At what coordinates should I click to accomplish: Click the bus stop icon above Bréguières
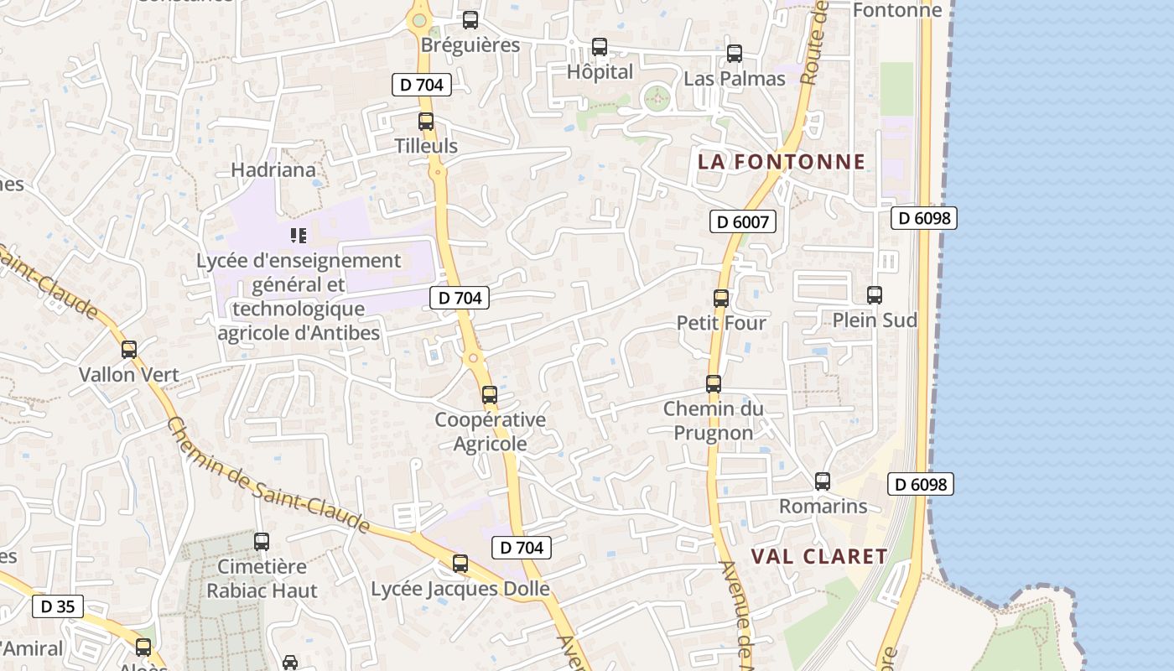pos(470,20)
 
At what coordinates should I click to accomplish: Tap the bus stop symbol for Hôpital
pos(600,47)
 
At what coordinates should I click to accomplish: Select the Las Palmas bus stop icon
pos(735,54)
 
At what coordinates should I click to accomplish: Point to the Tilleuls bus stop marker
pos(426,121)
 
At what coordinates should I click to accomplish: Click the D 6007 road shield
pos(742,221)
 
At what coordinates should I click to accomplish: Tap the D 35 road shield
pos(58,606)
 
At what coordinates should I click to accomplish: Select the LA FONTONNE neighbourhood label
pos(781,162)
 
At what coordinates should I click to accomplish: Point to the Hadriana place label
pos(273,170)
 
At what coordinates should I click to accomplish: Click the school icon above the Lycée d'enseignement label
pos(299,236)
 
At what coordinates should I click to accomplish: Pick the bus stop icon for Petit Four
pos(721,298)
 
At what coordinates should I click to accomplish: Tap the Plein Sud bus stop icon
pos(875,295)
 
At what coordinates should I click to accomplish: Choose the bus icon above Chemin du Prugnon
pos(714,384)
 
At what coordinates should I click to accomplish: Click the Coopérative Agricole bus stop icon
pos(490,394)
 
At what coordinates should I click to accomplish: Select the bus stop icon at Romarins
pos(823,481)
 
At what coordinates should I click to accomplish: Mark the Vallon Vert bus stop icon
pos(129,350)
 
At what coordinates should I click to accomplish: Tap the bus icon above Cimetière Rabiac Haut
pos(262,542)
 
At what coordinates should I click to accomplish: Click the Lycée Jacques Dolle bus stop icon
pos(460,564)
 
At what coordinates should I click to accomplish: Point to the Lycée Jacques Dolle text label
pos(460,589)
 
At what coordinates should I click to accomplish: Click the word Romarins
pos(823,506)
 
